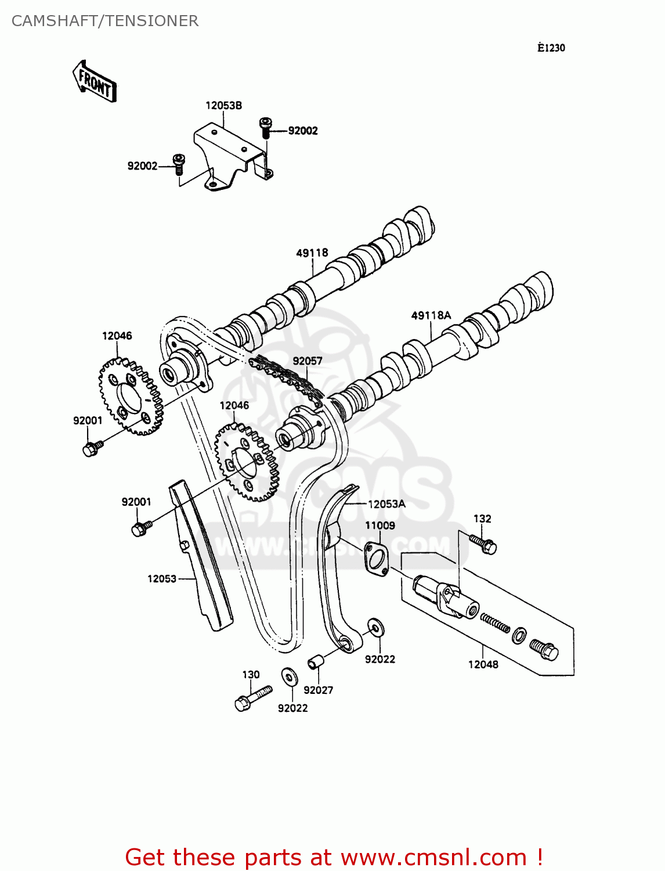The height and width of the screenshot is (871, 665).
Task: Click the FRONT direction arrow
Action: pyautogui.click(x=95, y=82)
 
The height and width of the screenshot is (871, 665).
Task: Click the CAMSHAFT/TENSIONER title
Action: pyautogui.click(x=105, y=21)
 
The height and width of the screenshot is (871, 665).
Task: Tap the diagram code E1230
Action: pyautogui.click(x=551, y=48)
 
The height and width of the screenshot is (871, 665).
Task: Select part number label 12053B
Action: pyautogui.click(x=223, y=106)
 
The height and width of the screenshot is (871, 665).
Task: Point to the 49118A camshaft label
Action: pyautogui.click(x=431, y=315)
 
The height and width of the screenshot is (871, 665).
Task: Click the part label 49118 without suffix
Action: pyautogui.click(x=312, y=253)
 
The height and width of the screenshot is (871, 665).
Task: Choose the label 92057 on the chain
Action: pyautogui.click(x=307, y=361)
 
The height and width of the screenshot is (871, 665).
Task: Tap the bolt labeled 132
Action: pyautogui.click(x=483, y=544)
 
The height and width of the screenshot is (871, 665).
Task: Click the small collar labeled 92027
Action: pyautogui.click(x=315, y=661)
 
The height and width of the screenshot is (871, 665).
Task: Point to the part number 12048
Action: pyautogui.click(x=483, y=664)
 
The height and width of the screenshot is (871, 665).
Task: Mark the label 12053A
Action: pyautogui.click(x=386, y=504)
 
